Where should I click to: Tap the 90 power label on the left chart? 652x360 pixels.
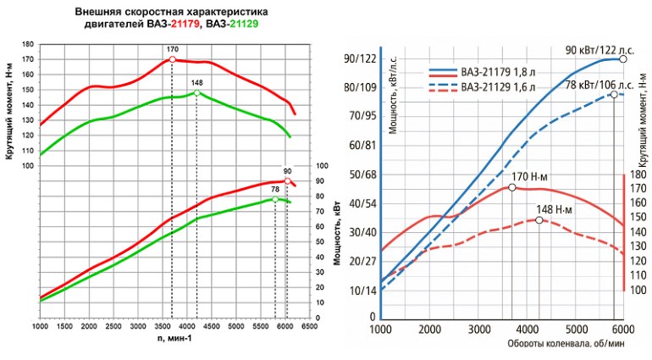tap(288, 171)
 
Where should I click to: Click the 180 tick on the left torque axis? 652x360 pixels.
tap(29, 44)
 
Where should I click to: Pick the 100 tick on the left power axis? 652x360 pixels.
tap(320, 166)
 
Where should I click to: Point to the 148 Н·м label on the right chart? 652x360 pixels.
tap(555, 209)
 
